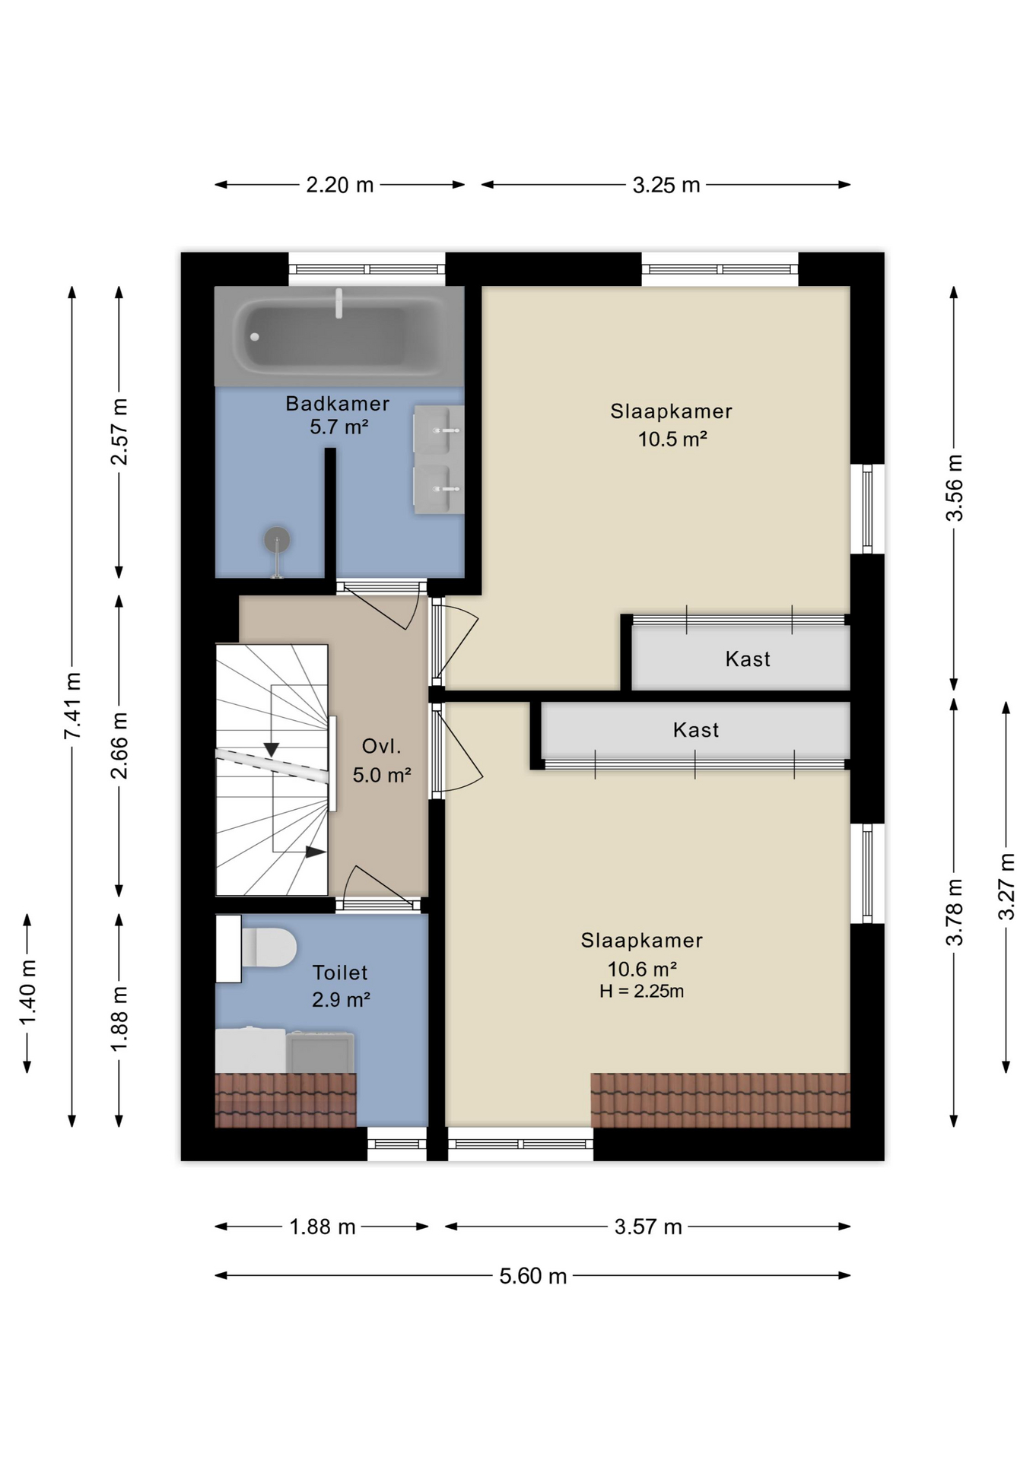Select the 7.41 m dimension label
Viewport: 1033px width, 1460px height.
pos(72,706)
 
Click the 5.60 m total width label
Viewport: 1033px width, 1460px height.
pos(532,1275)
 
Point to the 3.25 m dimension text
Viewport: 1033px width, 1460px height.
pos(666,185)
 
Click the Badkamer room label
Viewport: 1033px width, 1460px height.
pos(338,403)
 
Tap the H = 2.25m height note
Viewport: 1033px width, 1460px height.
pos(641,991)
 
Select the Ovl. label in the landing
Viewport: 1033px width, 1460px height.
pos(381,746)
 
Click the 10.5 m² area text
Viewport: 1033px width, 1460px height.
pos(672,439)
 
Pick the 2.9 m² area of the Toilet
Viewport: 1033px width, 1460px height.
pos(341,999)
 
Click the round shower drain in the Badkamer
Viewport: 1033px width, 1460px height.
pos(277,539)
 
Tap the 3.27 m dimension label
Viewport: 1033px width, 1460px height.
pos(1006,887)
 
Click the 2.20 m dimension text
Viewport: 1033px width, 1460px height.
pos(339,185)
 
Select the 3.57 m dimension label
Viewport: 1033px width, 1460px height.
pos(648,1227)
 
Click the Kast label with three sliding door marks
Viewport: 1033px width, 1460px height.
pos(695,730)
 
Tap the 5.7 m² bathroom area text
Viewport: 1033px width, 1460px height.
pos(339,427)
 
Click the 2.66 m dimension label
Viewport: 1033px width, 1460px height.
pos(119,745)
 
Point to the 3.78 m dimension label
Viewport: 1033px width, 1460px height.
pos(954,912)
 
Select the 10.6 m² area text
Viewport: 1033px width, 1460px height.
pos(642,969)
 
